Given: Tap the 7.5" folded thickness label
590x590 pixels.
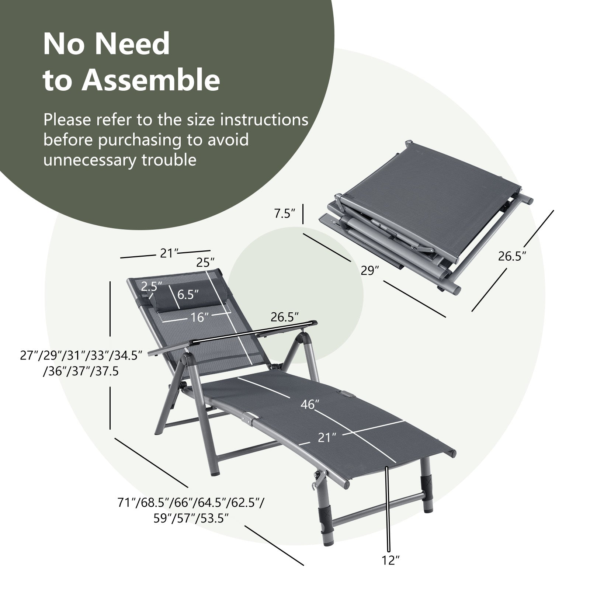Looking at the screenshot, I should (x=285, y=214).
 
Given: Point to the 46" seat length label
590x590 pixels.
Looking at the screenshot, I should (x=309, y=405).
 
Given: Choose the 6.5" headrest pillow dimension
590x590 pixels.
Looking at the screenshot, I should (x=188, y=294).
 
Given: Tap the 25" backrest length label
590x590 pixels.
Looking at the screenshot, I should (x=205, y=263).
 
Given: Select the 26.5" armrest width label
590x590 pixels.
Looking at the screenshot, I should (x=284, y=317).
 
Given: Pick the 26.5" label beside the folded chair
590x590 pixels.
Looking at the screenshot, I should (x=512, y=256).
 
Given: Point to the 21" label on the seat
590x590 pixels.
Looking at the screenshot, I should (x=327, y=438).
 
